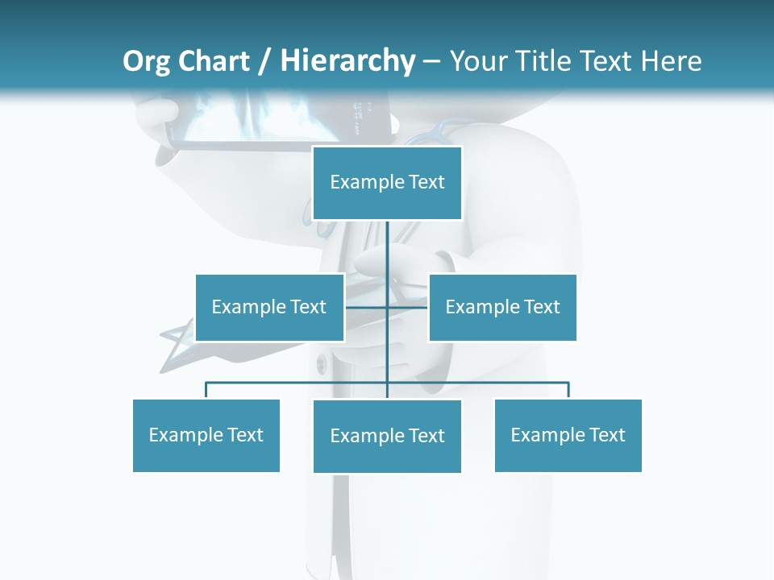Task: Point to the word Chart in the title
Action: [x=213, y=61]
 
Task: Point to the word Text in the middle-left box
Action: [x=308, y=307]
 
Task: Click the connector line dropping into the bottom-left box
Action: [x=206, y=390]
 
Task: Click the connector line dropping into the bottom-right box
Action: [x=568, y=390]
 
